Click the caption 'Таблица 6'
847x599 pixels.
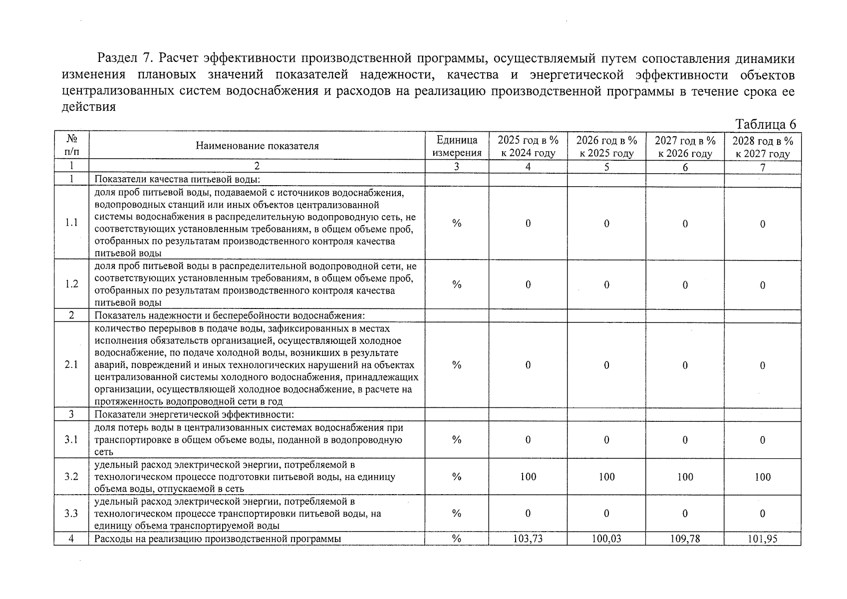[x=766, y=124]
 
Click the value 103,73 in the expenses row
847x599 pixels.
[x=528, y=539]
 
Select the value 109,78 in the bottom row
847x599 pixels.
[x=685, y=539]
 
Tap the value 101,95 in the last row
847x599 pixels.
[x=762, y=539]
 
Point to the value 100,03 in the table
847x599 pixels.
[x=606, y=539]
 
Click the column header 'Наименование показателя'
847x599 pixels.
[x=257, y=146]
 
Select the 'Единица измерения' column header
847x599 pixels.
[x=456, y=146]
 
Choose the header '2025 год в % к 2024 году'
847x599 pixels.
[x=528, y=146]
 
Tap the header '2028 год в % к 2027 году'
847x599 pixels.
[x=762, y=147]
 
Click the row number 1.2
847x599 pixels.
[x=71, y=284]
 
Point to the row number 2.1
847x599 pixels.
[x=71, y=365]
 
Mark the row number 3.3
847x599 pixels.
[x=71, y=513]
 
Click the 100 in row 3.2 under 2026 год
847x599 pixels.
[x=606, y=477]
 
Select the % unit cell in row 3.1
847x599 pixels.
[x=456, y=440]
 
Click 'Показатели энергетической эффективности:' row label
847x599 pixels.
[x=194, y=414]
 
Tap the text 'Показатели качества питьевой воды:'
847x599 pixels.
[x=178, y=180]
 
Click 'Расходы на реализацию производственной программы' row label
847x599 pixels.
[x=218, y=539]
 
